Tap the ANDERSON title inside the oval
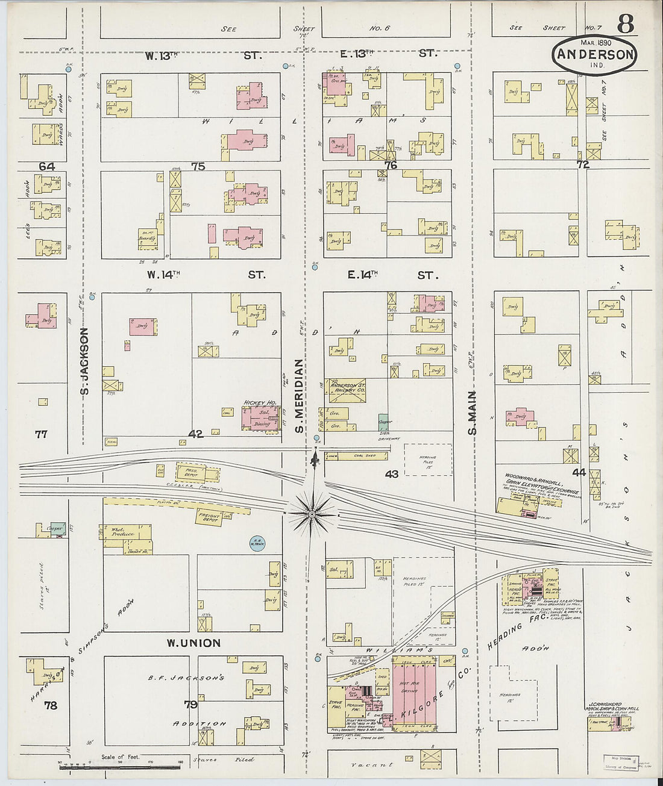[x=594, y=54]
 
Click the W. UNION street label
[x=193, y=643]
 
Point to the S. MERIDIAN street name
[x=298, y=396]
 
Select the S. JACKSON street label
[x=85, y=361]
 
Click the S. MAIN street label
[x=473, y=413]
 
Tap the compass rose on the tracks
[x=312, y=514]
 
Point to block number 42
[x=195, y=434]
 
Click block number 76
[x=391, y=165]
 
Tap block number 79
[x=190, y=703]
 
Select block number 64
[x=47, y=166]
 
